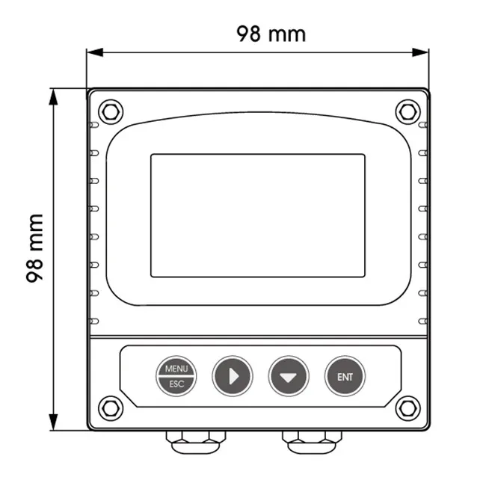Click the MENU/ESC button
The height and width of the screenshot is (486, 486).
point(176,376)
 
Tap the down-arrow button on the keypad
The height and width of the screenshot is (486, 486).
point(289,376)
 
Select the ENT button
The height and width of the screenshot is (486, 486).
point(345,376)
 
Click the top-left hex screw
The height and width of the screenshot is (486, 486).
point(110,111)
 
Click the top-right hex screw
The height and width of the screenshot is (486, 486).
point(407,111)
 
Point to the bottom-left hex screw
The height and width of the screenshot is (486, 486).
point(110,407)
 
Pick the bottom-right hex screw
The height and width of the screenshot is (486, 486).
point(407,407)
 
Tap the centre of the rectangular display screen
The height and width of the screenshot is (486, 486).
point(258,215)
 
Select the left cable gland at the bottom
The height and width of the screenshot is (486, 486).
point(197,443)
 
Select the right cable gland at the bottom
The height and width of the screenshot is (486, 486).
point(312,443)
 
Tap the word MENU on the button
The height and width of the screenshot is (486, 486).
point(176,369)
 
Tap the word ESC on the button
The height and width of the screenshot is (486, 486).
point(176,384)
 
